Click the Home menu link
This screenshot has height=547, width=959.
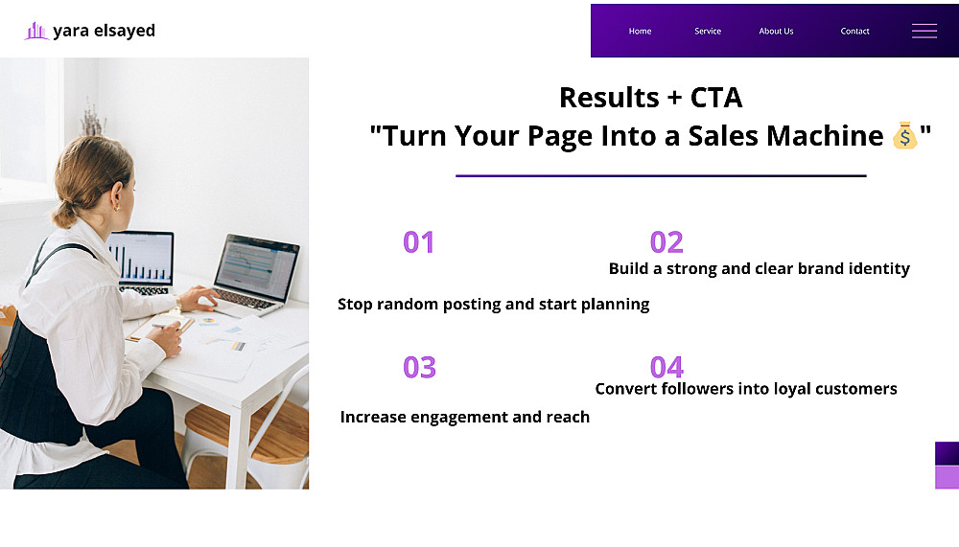(x=640, y=32)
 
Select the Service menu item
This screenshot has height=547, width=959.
(x=708, y=32)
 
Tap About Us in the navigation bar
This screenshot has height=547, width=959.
(x=776, y=32)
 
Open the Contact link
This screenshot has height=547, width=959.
(x=854, y=32)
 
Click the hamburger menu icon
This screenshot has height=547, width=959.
(x=924, y=32)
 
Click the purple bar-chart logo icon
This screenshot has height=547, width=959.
(x=36, y=31)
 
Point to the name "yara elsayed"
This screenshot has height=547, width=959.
(x=104, y=31)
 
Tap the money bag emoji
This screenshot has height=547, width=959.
(x=904, y=135)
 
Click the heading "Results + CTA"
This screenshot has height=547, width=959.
(x=651, y=98)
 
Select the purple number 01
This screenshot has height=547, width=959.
(x=418, y=242)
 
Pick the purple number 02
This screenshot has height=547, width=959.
(x=667, y=242)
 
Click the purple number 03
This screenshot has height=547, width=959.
(x=419, y=367)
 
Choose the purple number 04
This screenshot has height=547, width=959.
(x=667, y=367)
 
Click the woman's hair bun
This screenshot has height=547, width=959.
(x=63, y=215)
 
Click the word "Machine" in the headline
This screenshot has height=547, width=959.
(x=825, y=136)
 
